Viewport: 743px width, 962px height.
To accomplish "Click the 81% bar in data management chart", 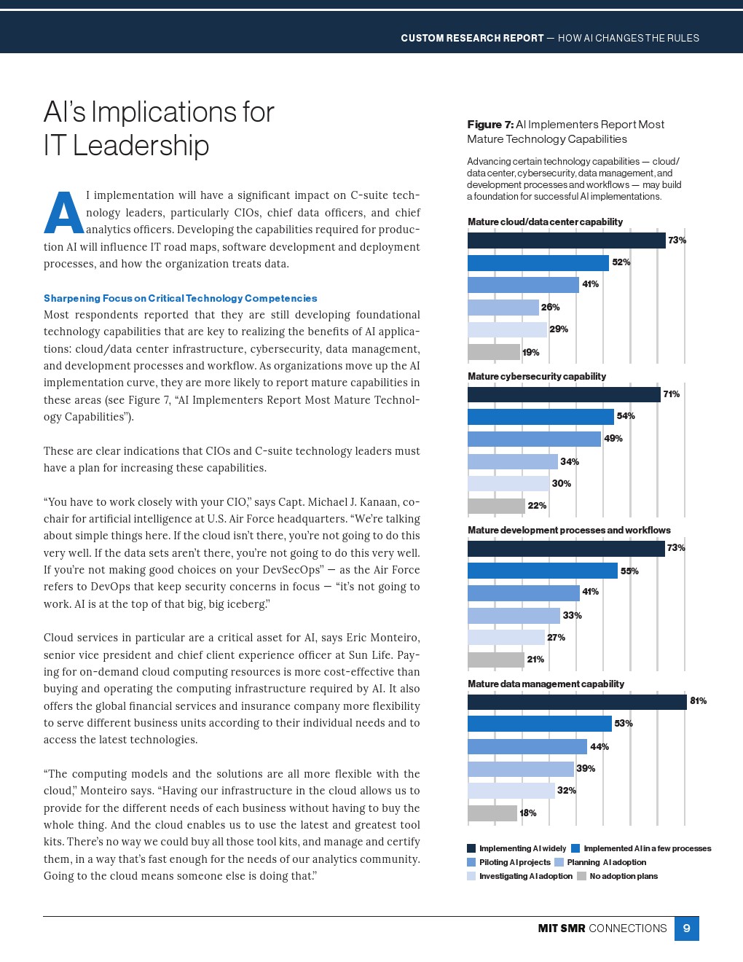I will [576, 702].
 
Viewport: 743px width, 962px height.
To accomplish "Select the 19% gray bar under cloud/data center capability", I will [493, 352].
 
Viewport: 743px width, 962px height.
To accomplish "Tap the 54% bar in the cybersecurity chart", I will [540, 416].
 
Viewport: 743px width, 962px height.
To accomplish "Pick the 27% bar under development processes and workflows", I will [506, 638].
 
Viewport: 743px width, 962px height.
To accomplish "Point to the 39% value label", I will [586, 768].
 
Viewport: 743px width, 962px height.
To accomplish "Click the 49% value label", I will [613, 439].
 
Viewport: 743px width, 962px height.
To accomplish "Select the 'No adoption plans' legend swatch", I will [581, 876].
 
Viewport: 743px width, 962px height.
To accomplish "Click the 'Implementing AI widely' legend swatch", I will [471, 848].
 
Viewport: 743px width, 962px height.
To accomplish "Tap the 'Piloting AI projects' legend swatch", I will [471, 862].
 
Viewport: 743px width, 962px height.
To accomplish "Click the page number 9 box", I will [686, 928].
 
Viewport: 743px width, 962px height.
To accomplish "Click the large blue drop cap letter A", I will [63, 213].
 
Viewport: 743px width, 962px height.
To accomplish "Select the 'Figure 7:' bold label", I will [490, 125].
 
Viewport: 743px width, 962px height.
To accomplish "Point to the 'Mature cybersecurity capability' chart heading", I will [537, 376].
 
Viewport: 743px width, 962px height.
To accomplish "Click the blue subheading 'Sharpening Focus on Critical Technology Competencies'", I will [180, 298].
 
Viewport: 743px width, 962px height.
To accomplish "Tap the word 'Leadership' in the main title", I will [141, 146].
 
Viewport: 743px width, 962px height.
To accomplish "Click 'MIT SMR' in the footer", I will [561, 928].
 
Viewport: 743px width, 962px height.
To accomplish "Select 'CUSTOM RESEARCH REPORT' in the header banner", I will [472, 38].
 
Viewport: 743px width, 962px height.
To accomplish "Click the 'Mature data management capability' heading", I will [546, 684].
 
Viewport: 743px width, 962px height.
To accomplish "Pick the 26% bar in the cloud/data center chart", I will [503, 308].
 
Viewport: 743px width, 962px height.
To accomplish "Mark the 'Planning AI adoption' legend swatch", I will [559, 862].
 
